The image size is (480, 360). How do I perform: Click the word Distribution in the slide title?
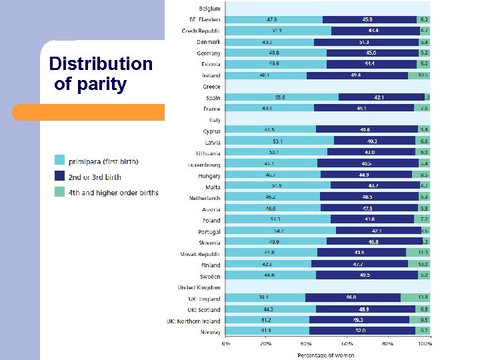101,64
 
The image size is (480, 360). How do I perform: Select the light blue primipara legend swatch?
59,161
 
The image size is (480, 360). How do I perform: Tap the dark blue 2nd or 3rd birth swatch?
59,177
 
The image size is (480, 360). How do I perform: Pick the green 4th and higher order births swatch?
59,193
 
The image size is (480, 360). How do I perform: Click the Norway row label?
210,331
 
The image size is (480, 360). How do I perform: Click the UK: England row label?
204,298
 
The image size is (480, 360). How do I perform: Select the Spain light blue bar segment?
282,97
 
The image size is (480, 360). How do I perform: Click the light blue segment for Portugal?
281,231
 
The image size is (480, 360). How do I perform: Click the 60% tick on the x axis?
347,345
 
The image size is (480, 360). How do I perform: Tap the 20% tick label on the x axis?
266,345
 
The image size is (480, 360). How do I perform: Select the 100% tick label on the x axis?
424,345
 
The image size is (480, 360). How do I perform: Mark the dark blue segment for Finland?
360,264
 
